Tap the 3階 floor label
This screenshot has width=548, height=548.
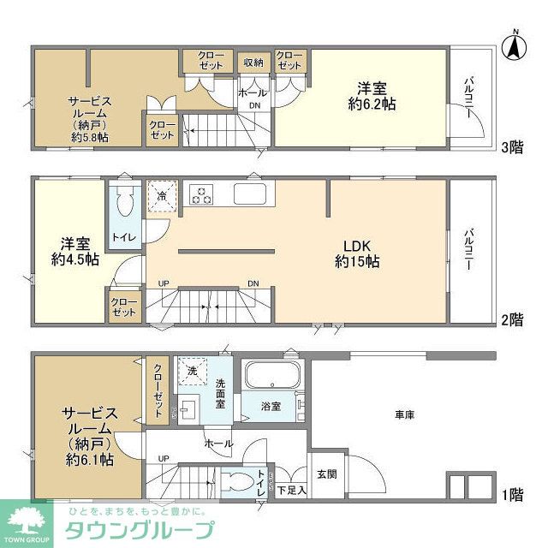(512, 146)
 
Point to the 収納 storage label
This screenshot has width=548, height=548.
(253, 62)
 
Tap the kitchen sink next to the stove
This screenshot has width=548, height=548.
(252, 194)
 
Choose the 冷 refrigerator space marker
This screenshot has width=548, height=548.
(163, 195)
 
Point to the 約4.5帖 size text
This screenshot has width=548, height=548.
(69, 259)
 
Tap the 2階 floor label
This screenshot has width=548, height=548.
(512, 320)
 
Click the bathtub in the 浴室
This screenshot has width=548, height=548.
(271, 376)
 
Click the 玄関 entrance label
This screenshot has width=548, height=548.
(326, 474)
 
